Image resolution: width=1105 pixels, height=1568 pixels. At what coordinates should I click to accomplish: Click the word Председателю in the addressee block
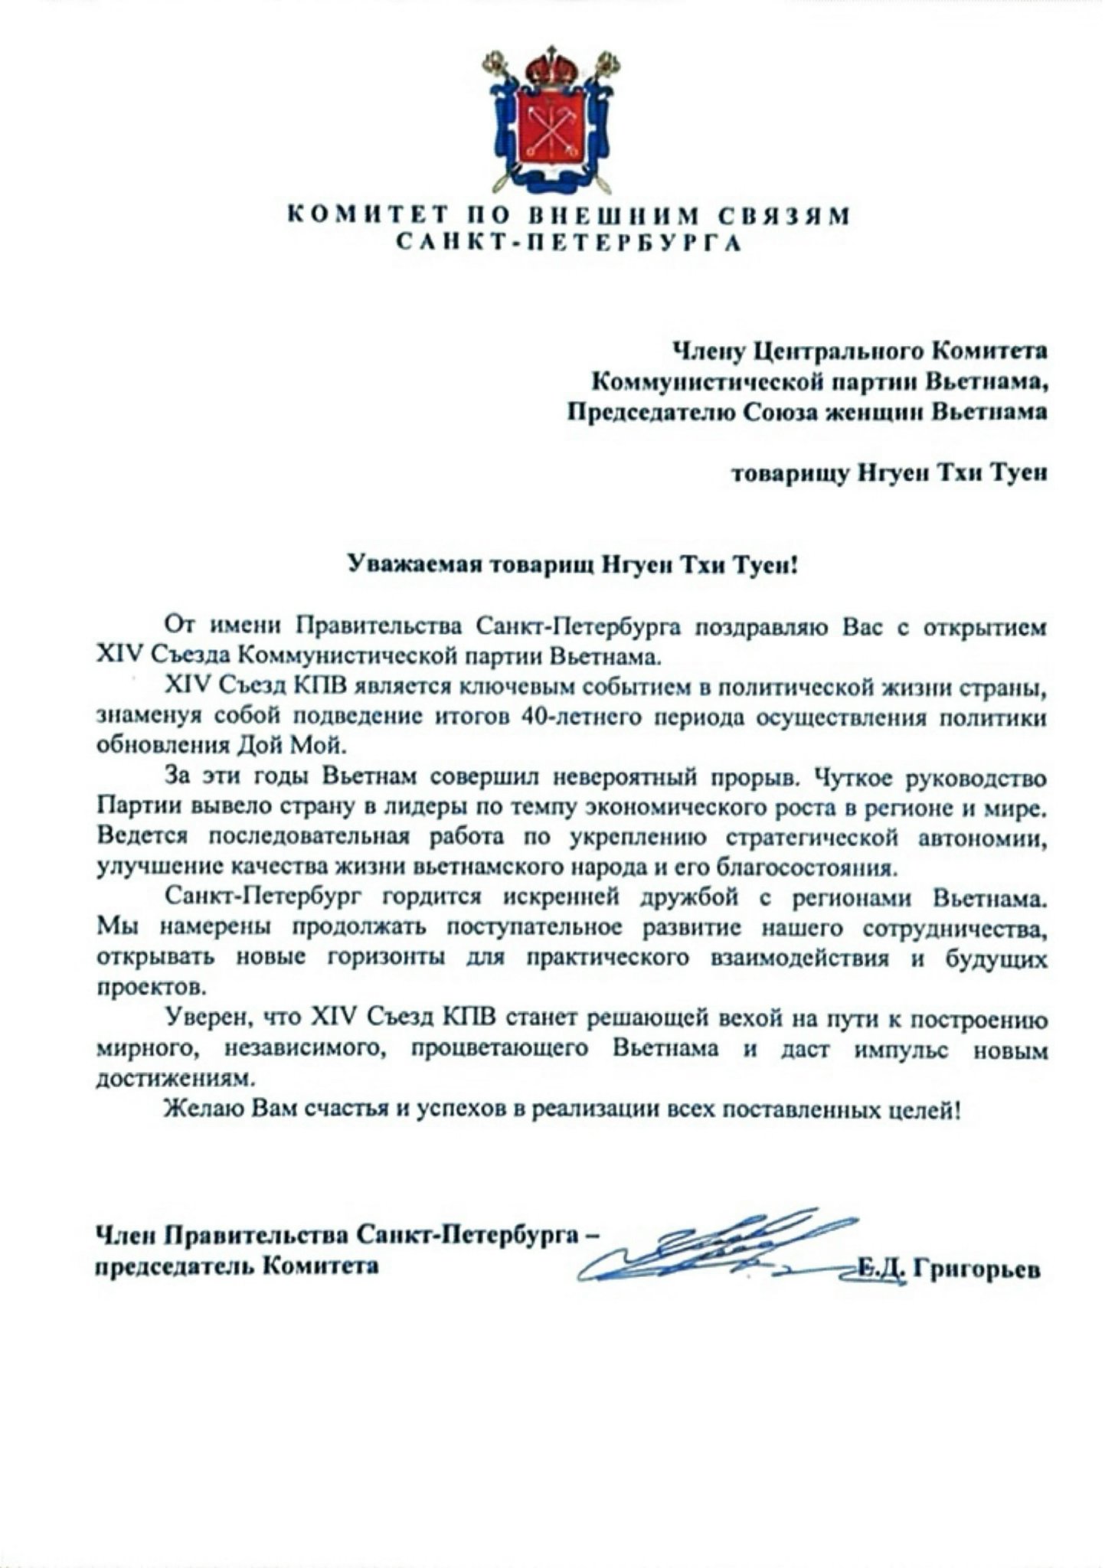pos(650,412)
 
